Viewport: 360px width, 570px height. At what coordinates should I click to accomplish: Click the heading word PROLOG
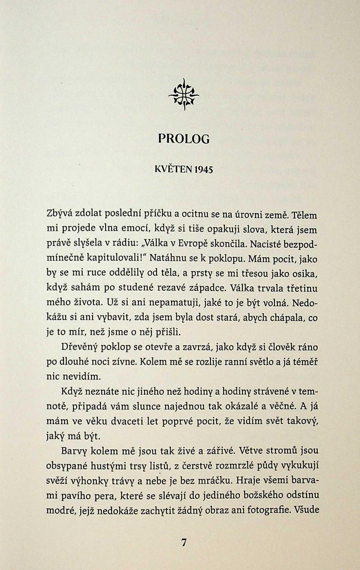click(x=184, y=139)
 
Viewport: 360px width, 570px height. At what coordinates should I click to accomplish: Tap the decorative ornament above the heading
click(x=184, y=94)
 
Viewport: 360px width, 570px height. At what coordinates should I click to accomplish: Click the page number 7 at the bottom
click(x=184, y=543)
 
